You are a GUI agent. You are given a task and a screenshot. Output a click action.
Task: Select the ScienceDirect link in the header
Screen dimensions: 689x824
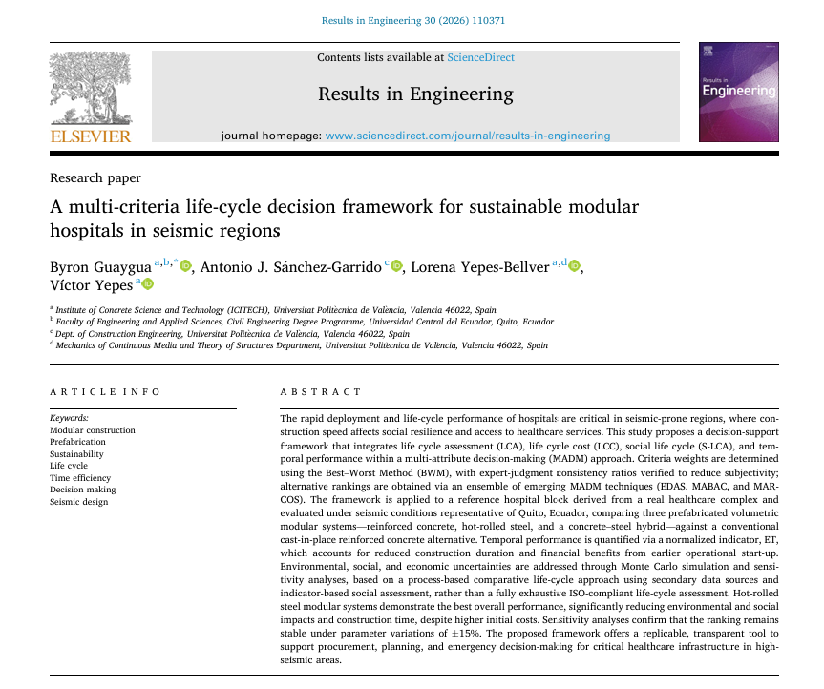click(480, 57)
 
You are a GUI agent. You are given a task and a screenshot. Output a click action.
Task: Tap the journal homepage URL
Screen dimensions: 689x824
click(467, 136)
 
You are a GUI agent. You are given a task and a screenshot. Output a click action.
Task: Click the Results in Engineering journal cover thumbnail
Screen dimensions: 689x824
click(738, 93)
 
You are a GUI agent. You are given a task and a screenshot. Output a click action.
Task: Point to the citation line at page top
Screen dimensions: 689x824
click(413, 19)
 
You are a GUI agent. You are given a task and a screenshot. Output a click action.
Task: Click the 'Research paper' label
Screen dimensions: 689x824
click(95, 177)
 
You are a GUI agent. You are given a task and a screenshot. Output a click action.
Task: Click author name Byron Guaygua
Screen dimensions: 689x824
click(100, 266)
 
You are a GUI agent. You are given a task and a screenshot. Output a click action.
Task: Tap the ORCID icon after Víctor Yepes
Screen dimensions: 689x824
click(148, 284)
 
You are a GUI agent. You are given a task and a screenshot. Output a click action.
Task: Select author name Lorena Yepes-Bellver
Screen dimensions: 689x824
click(480, 266)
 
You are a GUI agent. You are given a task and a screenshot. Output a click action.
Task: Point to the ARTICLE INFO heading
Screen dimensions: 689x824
click(105, 392)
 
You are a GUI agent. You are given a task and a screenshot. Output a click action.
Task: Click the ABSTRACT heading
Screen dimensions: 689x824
click(321, 392)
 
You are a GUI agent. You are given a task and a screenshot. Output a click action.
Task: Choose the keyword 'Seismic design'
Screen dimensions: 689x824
click(78, 501)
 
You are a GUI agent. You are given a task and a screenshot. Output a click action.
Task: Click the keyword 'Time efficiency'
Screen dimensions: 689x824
click(80, 478)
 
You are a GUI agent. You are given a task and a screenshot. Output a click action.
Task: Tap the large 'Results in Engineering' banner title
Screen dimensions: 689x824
click(415, 94)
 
